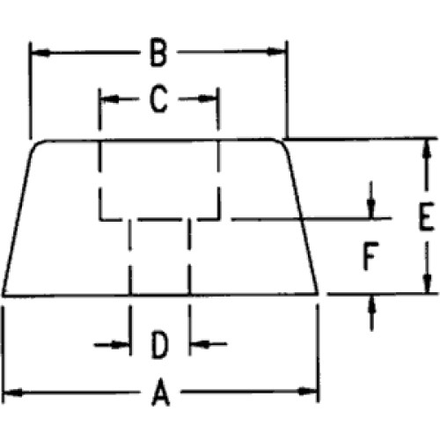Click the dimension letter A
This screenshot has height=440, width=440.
[x=161, y=392]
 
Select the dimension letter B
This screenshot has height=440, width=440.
[x=158, y=52]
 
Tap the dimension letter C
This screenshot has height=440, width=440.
[x=158, y=99]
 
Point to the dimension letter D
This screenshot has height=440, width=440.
[x=160, y=345]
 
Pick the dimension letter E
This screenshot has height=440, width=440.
[x=426, y=216]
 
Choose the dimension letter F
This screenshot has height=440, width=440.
[x=370, y=256]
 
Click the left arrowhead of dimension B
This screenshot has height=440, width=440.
[x=40, y=53]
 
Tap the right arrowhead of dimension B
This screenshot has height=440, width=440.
[x=275, y=52]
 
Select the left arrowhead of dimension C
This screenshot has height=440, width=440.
[x=111, y=99]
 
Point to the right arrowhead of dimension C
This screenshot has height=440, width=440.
[x=208, y=99]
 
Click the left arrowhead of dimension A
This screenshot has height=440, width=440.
[x=12, y=392]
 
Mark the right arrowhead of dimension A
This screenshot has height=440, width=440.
[x=307, y=392]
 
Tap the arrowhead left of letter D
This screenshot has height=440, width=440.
[x=120, y=345]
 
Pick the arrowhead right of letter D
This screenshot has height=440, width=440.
[x=201, y=344]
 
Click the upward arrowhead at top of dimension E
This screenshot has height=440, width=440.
[x=428, y=150]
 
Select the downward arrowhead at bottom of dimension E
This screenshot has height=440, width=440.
[x=428, y=283]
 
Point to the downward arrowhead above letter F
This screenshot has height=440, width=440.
[x=371, y=208]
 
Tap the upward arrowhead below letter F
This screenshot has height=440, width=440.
[x=372, y=305]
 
